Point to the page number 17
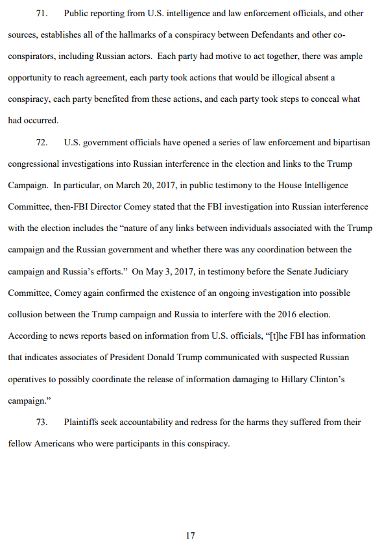pos(190,535)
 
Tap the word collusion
pos(26,313)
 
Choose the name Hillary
pos(298,378)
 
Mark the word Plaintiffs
pos(82,422)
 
